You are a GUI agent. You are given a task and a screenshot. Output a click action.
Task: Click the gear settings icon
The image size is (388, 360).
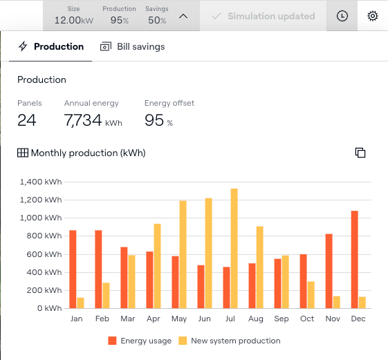tap(372, 16)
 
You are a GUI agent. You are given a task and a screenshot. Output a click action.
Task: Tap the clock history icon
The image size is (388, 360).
tap(342, 16)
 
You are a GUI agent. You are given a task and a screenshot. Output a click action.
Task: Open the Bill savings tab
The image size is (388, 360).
tap(132, 46)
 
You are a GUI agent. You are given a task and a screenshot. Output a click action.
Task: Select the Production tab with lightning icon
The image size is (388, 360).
tap(50, 46)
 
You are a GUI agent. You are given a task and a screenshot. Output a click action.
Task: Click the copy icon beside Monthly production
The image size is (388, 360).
tap(360, 153)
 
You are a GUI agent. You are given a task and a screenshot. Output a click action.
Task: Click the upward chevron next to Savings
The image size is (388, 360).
tap(183, 17)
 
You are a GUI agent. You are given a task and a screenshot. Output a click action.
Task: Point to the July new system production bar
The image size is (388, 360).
tap(234, 249)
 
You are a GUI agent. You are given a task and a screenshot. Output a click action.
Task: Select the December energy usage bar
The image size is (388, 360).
tap(354, 260)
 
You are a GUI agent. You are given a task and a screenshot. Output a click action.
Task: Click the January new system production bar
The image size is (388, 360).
tap(80, 303)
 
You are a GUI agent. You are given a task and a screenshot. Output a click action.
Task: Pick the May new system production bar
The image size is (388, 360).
tap(183, 255)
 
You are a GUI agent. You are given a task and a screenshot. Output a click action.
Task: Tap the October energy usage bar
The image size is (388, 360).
tap(303, 281)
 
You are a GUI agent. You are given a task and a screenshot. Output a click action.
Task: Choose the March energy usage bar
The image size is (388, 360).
tap(124, 278)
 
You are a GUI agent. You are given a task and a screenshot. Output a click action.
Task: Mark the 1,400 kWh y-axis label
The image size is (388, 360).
tap(41, 182)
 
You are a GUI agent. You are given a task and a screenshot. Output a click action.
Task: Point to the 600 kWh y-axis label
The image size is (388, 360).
tap(44, 254)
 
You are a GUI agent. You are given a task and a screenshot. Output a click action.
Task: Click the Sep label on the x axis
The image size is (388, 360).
tap(281, 319)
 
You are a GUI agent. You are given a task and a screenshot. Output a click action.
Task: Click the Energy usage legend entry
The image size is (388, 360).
tap(140, 341)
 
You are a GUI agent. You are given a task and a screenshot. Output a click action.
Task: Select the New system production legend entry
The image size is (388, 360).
tap(230, 341)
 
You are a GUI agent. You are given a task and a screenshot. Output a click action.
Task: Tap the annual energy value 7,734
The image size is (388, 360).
tap(83, 120)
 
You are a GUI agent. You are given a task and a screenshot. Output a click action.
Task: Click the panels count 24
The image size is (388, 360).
tap(27, 120)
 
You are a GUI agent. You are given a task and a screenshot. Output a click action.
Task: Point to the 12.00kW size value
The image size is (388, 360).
tap(74, 20)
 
